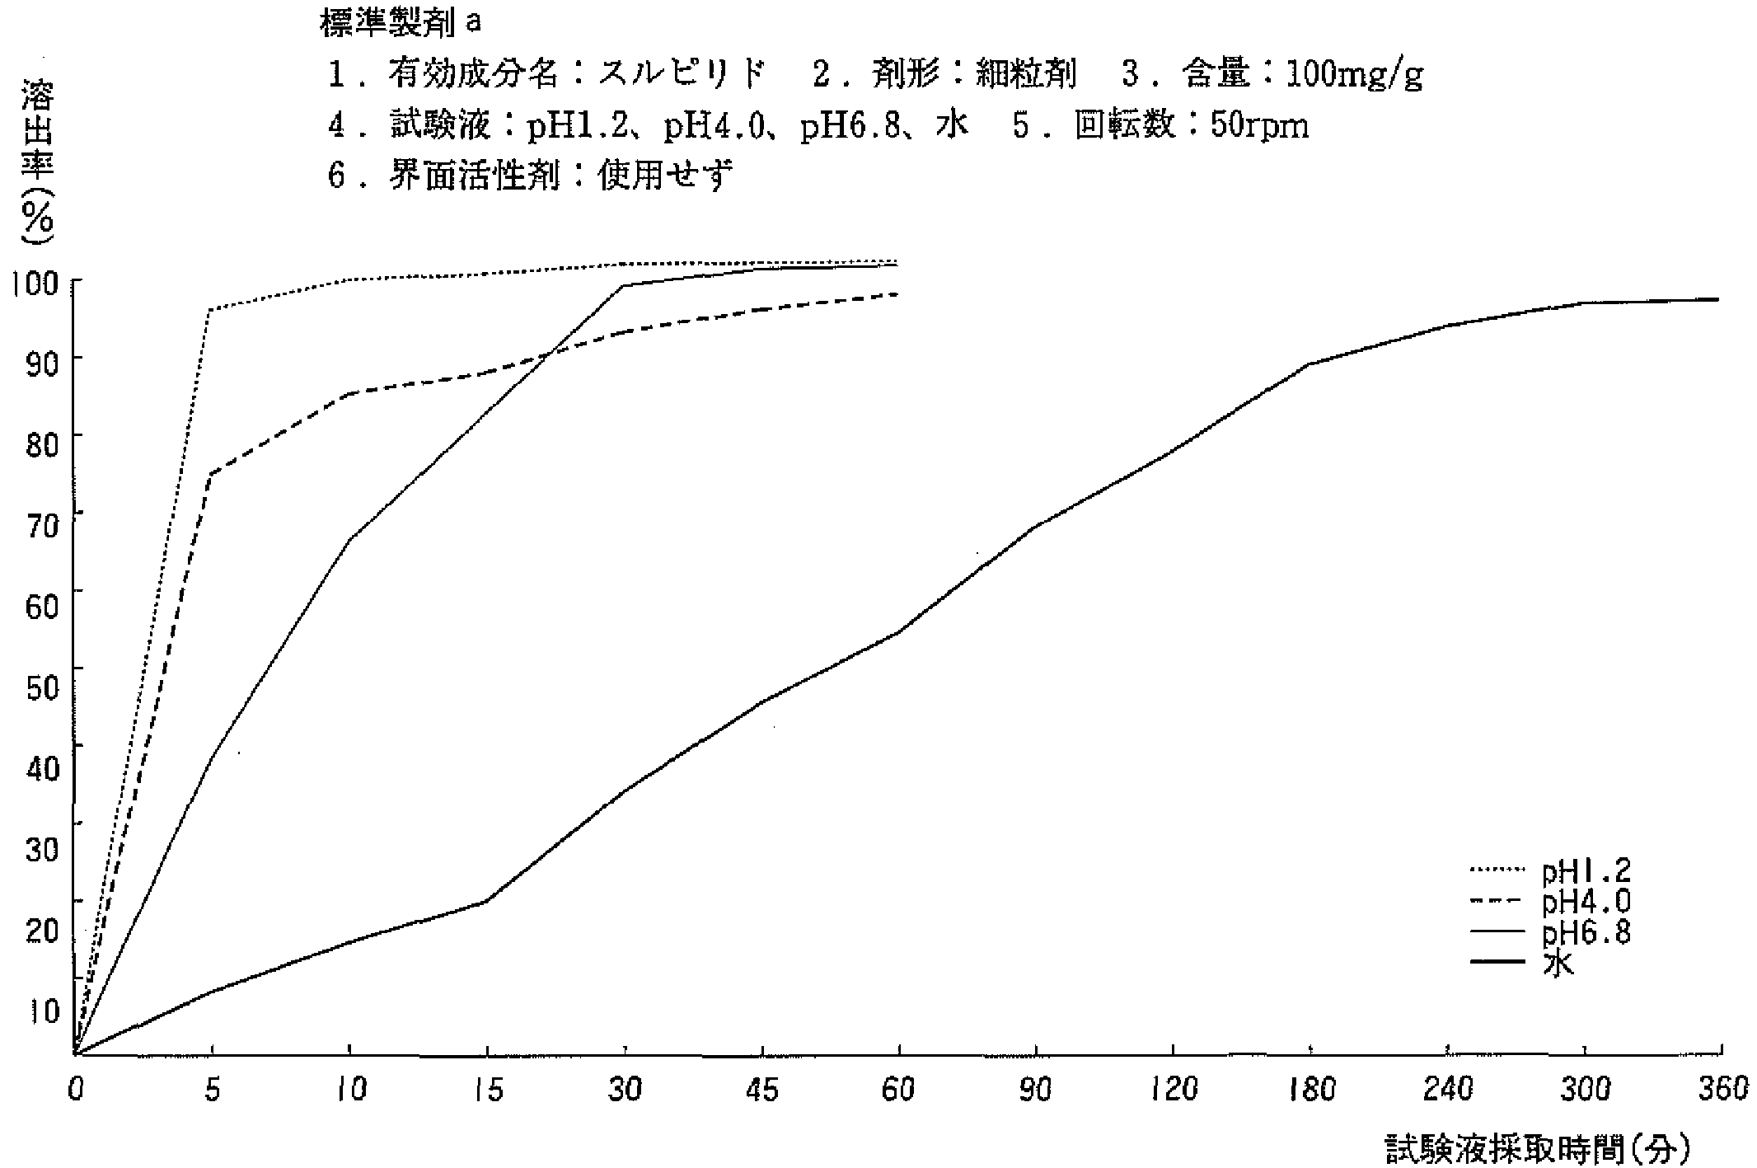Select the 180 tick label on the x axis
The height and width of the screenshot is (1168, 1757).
1310,1090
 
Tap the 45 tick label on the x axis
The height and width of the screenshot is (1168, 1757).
761,1090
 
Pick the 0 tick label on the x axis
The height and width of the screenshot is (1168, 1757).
75,1090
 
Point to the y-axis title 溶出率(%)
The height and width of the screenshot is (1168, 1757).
38,161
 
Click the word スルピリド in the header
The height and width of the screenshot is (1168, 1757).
682,75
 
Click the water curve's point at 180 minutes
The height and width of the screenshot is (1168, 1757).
1310,364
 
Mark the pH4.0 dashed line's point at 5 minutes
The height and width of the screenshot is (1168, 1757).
212,474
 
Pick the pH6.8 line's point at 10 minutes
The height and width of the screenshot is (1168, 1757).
350,539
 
